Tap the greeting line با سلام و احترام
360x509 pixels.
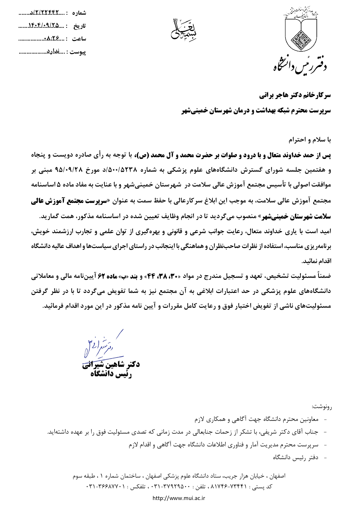310,140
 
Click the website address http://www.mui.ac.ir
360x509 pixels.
179,498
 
